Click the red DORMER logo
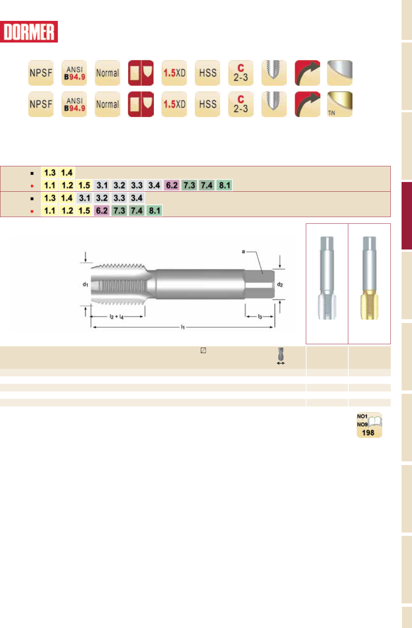pos(29,32)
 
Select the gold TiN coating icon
pos(340,104)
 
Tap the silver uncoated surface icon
pos(340,73)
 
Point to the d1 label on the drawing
pos(85,284)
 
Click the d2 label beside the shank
pos(280,285)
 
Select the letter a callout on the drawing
pos(243,251)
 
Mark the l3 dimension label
pos(260,317)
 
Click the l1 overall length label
pos(183,327)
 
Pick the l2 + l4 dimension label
pos(117,317)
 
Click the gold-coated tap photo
pos(369,278)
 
